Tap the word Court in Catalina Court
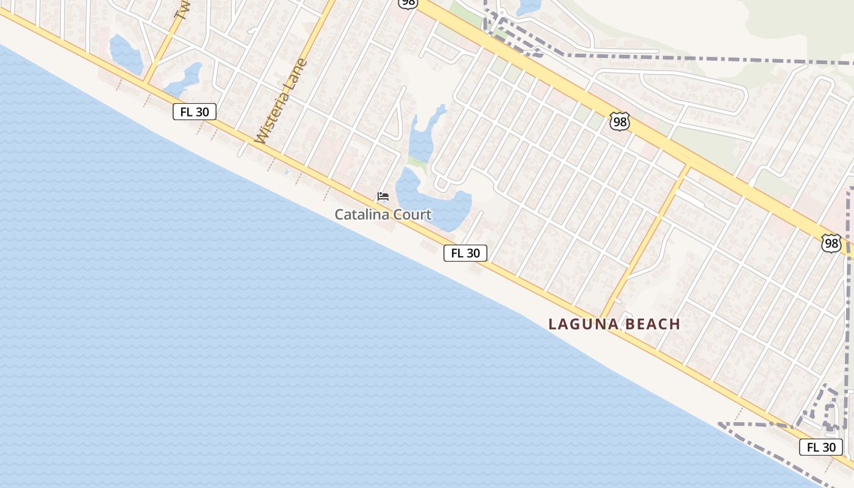[x=414, y=215]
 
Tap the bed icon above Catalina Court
[x=383, y=196]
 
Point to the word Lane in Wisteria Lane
[x=297, y=74]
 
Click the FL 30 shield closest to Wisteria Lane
[x=195, y=112]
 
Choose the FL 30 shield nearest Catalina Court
[x=465, y=253]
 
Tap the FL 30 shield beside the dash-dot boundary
[x=821, y=447]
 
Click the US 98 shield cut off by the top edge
[x=407, y=4]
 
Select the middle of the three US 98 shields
[x=620, y=121]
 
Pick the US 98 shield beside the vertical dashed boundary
[x=831, y=243]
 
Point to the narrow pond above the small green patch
[x=423, y=137]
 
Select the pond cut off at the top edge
[x=528, y=6]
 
